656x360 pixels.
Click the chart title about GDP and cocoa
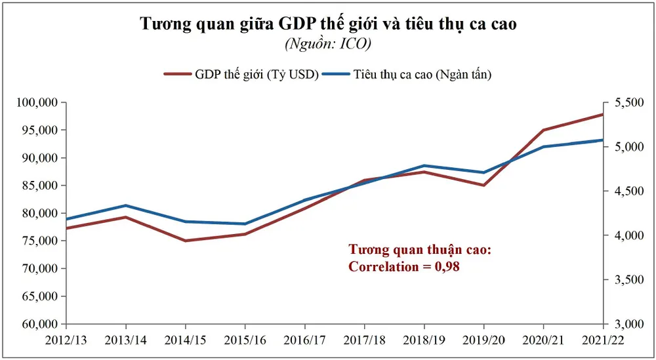(328, 24)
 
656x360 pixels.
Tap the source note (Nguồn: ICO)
(328, 45)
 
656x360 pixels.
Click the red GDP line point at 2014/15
(186, 241)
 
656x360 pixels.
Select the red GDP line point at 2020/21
(544, 130)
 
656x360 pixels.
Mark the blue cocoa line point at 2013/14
(126, 205)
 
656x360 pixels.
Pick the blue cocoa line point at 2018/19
(424, 165)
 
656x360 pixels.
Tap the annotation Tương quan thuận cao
(419, 250)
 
